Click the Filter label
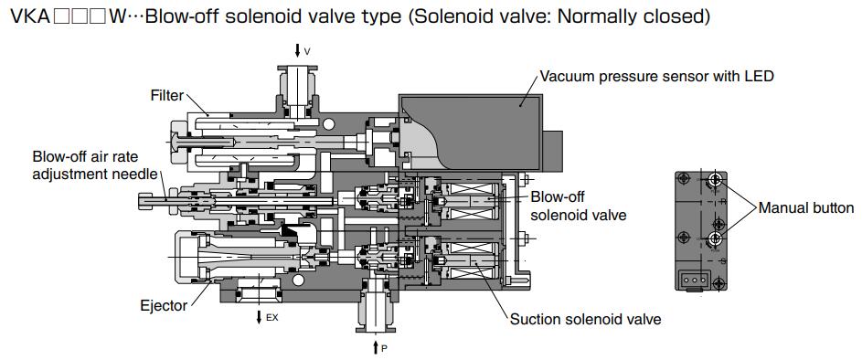click(x=167, y=95)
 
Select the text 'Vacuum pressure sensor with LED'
click(x=656, y=76)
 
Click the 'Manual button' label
click(x=806, y=208)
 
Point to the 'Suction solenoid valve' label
click(x=585, y=319)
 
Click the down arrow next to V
click(x=297, y=51)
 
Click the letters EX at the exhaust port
click(x=271, y=318)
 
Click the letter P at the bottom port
click(x=384, y=348)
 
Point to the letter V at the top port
click(x=307, y=52)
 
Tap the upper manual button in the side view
click(x=716, y=183)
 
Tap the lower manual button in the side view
click(x=716, y=239)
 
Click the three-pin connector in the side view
click(x=691, y=280)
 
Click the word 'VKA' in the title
click(x=27, y=16)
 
